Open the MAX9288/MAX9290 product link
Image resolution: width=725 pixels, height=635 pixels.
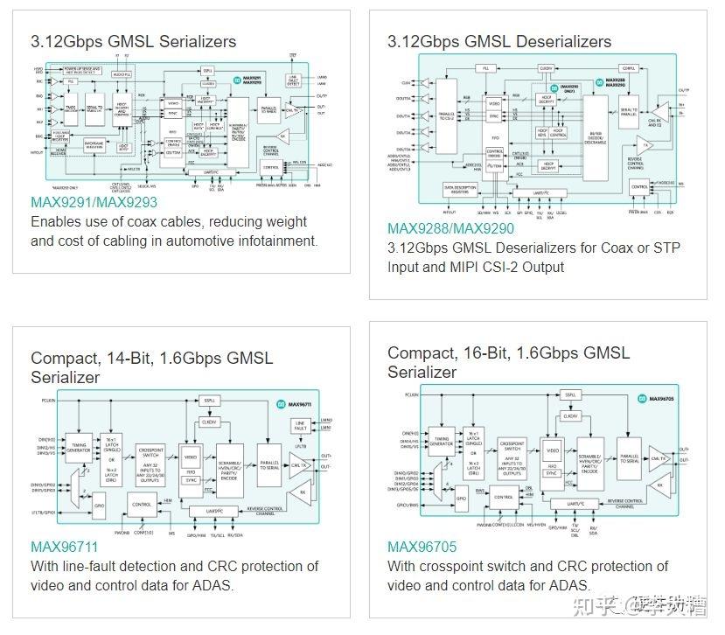452,229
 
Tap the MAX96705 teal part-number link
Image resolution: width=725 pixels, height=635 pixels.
422,548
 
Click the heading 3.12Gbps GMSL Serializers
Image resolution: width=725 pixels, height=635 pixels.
133,41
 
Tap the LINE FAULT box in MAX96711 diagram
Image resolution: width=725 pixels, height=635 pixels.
300,426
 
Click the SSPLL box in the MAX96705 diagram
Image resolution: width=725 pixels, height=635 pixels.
570,395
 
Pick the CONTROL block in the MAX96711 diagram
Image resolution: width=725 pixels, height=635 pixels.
142,505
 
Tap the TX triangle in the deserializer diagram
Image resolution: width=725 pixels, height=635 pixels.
645,144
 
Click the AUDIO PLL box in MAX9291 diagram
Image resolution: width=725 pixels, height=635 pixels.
122,76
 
